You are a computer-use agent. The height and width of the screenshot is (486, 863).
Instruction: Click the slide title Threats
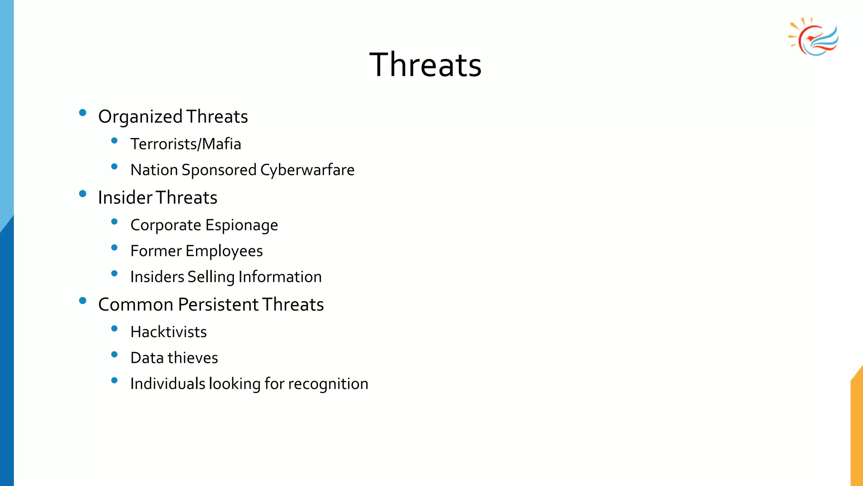pyautogui.click(x=425, y=65)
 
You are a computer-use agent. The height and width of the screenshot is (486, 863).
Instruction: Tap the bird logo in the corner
pyautogui.click(x=814, y=37)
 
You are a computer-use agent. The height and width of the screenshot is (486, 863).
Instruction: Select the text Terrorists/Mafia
pyautogui.click(x=185, y=144)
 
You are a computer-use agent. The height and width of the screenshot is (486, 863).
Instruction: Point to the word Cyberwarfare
pyautogui.click(x=307, y=170)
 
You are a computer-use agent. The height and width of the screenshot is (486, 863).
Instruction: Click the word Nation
pyautogui.click(x=154, y=170)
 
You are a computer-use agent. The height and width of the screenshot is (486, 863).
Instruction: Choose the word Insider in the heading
pyautogui.click(x=125, y=198)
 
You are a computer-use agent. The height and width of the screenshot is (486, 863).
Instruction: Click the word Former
pyautogui.click(x=156, y=251)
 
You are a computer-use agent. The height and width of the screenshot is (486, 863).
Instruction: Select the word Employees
pyautogui.click(x=224, y=251)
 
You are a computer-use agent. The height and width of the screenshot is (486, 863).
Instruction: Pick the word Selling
pyautogui.click(x=211, y=277)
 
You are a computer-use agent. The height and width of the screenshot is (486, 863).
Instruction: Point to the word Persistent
pyautogui.click(x=218, y=305)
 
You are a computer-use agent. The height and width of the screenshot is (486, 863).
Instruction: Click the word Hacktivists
pyautogui.click(x=169, y=332)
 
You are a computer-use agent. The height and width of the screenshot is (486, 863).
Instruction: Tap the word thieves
pyautogui.click(x=193, y=358)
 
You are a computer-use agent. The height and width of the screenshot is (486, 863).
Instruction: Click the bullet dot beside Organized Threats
pyautogui.click(x=83, y=113)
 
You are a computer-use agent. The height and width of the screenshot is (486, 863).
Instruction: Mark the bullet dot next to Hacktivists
pyautogui.click(x=114, y=328)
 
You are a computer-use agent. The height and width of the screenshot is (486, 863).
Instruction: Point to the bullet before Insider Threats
pyautogui.click(x=83, y=194)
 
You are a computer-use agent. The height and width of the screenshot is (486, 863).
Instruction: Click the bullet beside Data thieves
pyautogui.click(x=114, y=354)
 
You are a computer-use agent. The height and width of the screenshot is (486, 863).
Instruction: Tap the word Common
pyautogui.click(x=136, y=305)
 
